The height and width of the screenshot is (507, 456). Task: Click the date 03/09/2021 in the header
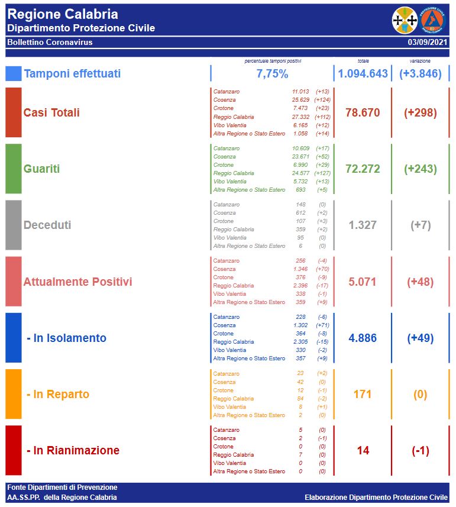click(428, 43)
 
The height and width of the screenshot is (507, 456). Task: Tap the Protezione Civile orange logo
click(433, 21)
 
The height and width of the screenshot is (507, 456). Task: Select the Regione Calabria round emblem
click(405, 21)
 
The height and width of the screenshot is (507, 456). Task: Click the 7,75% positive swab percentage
click(272, 74)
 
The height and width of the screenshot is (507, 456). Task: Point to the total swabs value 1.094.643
click(363, 74)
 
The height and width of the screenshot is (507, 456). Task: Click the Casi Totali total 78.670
click(363, 113)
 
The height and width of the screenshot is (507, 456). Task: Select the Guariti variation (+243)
click(420, 169)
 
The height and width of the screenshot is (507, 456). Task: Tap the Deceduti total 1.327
click(363, 225)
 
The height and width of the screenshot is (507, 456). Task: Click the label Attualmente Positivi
click(77, 282)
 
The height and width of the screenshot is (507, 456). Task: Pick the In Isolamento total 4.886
click(363, 338)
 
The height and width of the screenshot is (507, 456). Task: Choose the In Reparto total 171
click(363, 395)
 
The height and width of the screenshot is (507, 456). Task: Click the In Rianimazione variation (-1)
click(420, 451)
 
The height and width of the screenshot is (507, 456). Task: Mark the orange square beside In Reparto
click(13, 394)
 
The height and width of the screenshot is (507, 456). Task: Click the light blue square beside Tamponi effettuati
click(13, 73)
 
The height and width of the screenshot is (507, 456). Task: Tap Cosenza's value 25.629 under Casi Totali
click(300, 100)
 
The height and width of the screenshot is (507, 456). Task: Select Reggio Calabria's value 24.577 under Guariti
click(300, 173)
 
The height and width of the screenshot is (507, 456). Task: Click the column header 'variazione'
click(420, 61)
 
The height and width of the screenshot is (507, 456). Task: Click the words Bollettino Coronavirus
click(50, 43)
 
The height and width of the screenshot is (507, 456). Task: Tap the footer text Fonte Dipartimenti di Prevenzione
click(62, 487)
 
